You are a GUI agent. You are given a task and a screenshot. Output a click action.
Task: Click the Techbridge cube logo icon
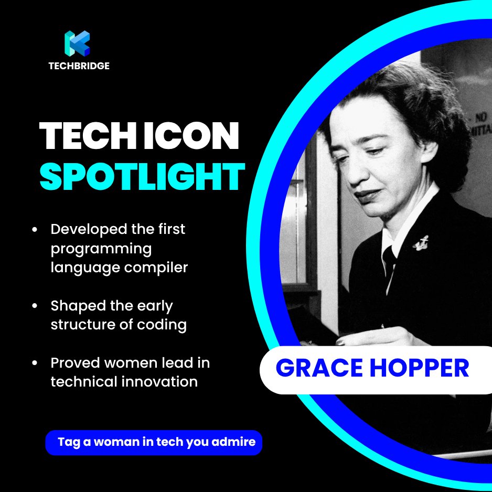[77, 43]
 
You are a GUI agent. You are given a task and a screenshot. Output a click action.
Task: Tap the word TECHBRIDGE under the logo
[79, 66]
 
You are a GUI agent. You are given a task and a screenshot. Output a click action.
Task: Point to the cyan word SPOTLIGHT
[142, 177]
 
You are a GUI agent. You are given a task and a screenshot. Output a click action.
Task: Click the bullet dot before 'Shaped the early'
[35, 306]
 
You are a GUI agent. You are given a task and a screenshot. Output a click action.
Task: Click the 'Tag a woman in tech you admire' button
[154, 442]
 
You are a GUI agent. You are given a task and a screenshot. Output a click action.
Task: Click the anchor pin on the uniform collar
[420, 243]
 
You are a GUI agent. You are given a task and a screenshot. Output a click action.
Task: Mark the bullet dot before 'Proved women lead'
[35, 362]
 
